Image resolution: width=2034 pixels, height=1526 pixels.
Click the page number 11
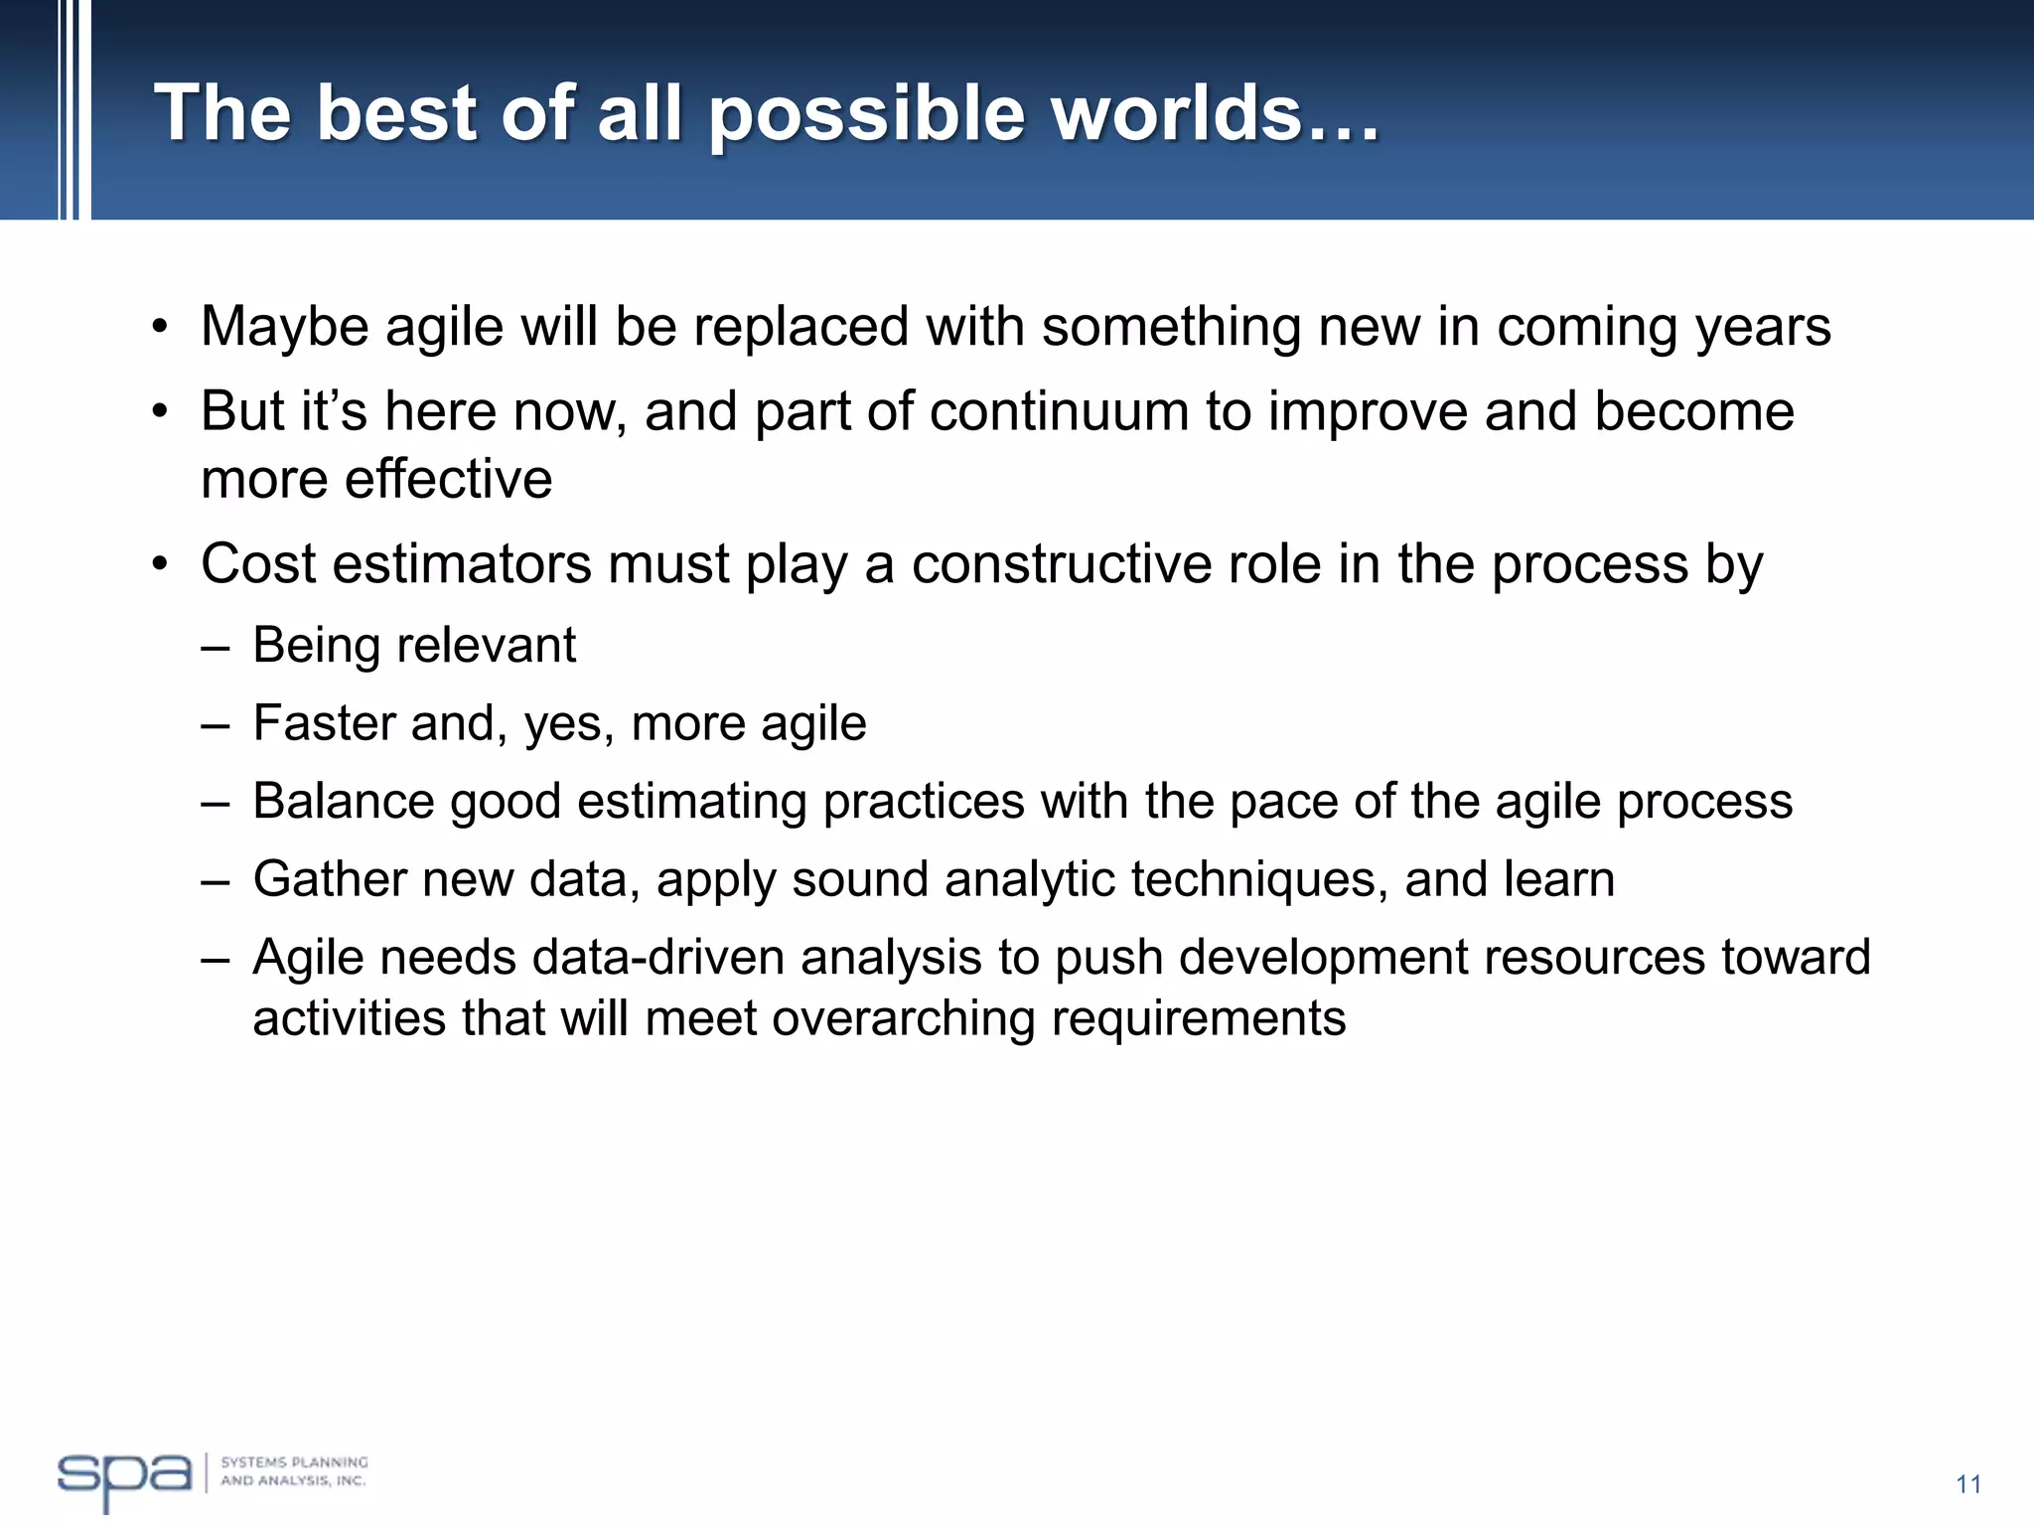[1968, 1484]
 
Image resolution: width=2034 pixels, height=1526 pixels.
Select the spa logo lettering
[123, 1476]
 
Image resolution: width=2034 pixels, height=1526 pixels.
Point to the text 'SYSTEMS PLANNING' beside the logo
[294, 1462]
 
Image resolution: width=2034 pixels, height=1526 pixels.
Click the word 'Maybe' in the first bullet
[284, 328]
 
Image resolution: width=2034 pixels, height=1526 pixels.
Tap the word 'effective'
[448, 479]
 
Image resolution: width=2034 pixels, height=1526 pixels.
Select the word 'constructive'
[1062, 564]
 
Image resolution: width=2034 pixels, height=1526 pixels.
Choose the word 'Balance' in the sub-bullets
[343, 801]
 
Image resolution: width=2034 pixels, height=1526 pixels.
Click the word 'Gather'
[330, 880]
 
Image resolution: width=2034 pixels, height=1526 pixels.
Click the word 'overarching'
[904, 1019]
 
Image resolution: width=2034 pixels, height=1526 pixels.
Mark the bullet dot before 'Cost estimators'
[160, 565]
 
